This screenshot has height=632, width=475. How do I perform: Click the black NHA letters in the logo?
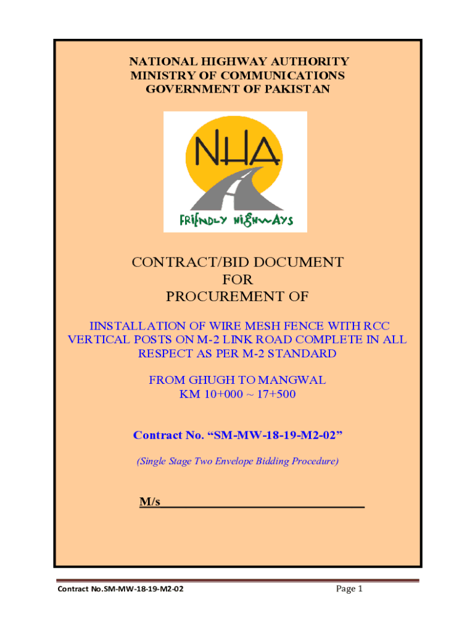(234, 151)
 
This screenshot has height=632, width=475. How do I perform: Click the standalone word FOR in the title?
(238, 280)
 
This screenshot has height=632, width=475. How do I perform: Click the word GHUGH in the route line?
(209, 381)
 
